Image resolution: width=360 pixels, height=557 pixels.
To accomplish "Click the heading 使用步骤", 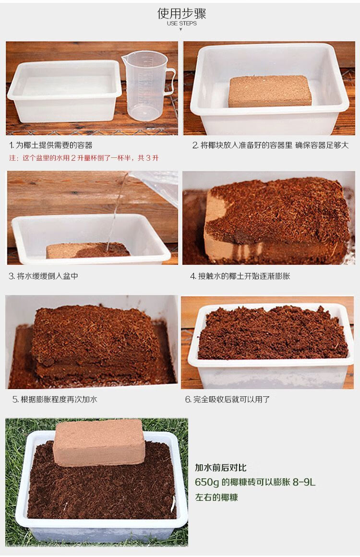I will (181, 13).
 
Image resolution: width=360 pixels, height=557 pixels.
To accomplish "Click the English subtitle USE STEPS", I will (181, 23).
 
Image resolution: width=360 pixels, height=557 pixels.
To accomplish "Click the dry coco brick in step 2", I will (270, 91).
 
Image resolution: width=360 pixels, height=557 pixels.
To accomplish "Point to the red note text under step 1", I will (84, 158).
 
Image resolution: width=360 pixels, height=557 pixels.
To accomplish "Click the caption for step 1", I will (50, 145).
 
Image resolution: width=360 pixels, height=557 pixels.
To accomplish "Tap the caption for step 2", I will (270, 145).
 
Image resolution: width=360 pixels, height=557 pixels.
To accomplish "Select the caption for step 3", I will (43, 276).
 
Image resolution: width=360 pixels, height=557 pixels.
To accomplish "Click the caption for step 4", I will (240, 276).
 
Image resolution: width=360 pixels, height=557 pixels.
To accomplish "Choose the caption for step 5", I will (55, 399).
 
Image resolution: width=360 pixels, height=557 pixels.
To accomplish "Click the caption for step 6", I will (228, 399).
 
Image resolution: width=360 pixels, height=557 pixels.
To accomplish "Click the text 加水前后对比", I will (220, 467).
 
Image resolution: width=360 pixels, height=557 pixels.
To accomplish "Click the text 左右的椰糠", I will (216, 497).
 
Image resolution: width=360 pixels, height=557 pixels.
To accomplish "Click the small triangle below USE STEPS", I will (181, 29).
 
